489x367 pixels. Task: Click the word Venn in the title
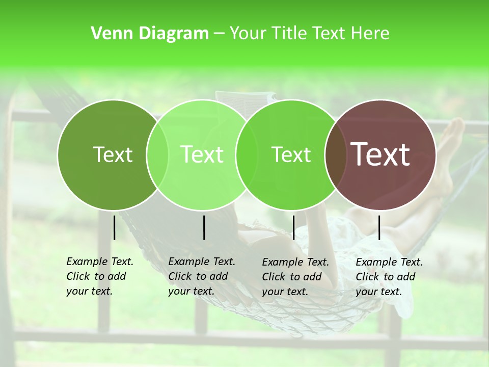pos(108,34)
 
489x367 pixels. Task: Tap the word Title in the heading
pos(289,34)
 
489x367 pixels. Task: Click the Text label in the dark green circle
pos(113,154)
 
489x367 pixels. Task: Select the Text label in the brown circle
pos(380,154)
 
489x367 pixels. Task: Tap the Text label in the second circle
pos(202,154)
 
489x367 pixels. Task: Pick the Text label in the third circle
pos(291,154)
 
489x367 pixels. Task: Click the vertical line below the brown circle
pos(379,227)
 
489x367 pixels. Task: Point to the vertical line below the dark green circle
pos(115,227)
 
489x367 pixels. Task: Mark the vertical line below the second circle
pos(204,227)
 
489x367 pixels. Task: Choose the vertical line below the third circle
pos(293,227)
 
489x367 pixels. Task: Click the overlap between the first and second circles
pos(157,155)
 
